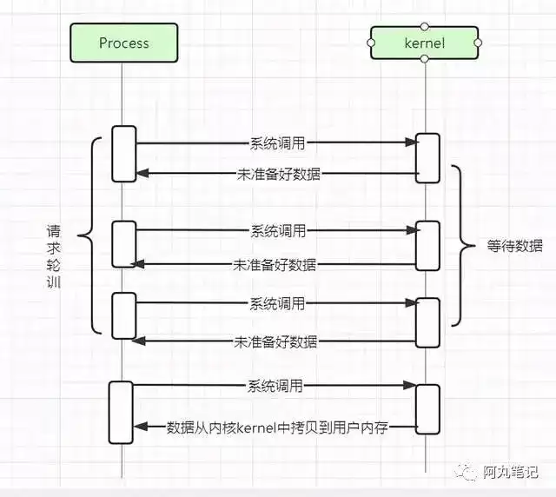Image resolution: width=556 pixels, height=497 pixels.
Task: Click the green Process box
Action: (x=123, y=43)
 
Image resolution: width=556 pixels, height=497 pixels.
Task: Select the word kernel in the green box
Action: (x=425, y=43)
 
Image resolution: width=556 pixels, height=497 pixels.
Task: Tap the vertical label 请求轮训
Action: (x=54, y=256)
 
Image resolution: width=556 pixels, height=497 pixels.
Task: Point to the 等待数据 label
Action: (x=514, y=246)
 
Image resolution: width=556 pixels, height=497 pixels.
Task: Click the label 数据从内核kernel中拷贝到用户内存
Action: (x=277, y=427)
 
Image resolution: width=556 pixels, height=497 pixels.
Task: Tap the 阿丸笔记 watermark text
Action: (x=510, y=472)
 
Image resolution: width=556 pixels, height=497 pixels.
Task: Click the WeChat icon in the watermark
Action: (x=466, y=472)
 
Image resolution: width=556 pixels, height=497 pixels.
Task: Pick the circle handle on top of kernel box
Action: (x=424, y=27)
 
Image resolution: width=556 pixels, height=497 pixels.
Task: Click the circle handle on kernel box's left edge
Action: (x=371, y=43)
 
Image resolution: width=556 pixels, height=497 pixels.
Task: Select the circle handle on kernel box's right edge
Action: (x=478, y=43)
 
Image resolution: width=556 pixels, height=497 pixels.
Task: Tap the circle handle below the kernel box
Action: (x=424, y=59)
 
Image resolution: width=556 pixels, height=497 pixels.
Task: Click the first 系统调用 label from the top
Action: (x=278, y=143)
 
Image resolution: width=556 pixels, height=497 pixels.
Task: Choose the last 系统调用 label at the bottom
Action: (x=275, y=386)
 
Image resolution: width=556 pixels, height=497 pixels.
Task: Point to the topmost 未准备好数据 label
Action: (x=278, y=174)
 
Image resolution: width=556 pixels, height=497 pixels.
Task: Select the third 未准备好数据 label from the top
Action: (x=275, y=342)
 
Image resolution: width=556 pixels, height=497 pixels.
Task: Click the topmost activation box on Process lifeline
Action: (x=124, y=154)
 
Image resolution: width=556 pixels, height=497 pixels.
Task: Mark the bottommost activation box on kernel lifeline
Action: (x=427, y=409)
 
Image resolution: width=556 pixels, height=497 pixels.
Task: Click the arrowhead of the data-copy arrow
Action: (x=140, y=427)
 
